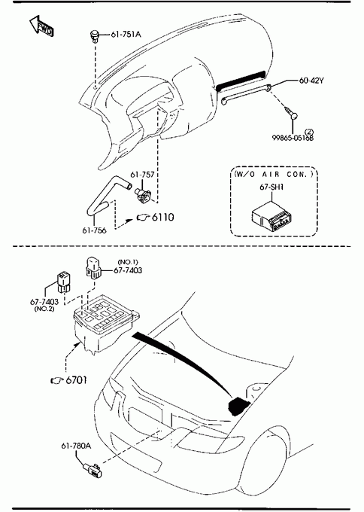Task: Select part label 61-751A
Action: (126, 35)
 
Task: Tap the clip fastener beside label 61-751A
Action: (94, 35)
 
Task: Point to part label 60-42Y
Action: (311, 81)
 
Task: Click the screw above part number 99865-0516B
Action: (291, 112)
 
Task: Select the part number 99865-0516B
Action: (293, 138)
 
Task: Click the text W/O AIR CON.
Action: (273, 174)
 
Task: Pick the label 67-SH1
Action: (271, 187)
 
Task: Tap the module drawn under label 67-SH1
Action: (272, 216)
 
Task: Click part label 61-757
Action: (142, 175)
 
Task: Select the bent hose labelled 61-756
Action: (108, 195)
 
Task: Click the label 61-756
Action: (94, 230)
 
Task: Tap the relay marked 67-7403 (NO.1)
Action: (93, 268)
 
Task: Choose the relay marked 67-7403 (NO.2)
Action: (64, 282)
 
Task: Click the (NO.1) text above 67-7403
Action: (128, 262)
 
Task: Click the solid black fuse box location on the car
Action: (238, 406)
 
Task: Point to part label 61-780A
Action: (76, 446)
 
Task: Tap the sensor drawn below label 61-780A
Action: (93, 470)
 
